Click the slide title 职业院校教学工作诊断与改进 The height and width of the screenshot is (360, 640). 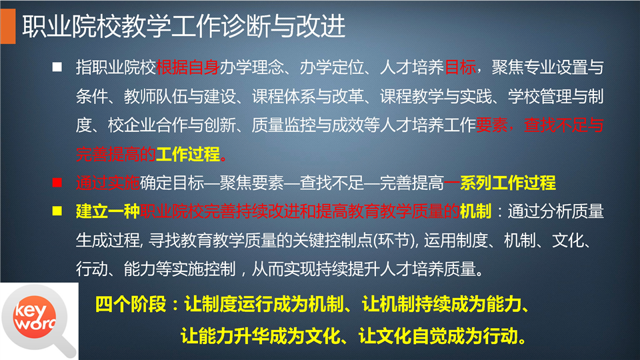point(184,27)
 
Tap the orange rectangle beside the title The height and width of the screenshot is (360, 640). point(8,26)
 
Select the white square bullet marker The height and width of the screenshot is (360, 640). point(57,67)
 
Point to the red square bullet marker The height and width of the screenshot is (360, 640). point(57,183)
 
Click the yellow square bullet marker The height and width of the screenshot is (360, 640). point(57,211)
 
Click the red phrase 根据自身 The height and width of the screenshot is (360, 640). point(188,67)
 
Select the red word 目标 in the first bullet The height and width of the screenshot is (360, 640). point(460,67)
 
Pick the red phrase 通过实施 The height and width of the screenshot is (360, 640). point(108,183)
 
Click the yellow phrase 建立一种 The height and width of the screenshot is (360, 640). point(108,211)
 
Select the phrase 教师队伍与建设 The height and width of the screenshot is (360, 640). point(179,96)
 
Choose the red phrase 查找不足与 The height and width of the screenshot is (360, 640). point(564,125)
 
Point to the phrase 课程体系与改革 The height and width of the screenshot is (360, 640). point(307,96)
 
